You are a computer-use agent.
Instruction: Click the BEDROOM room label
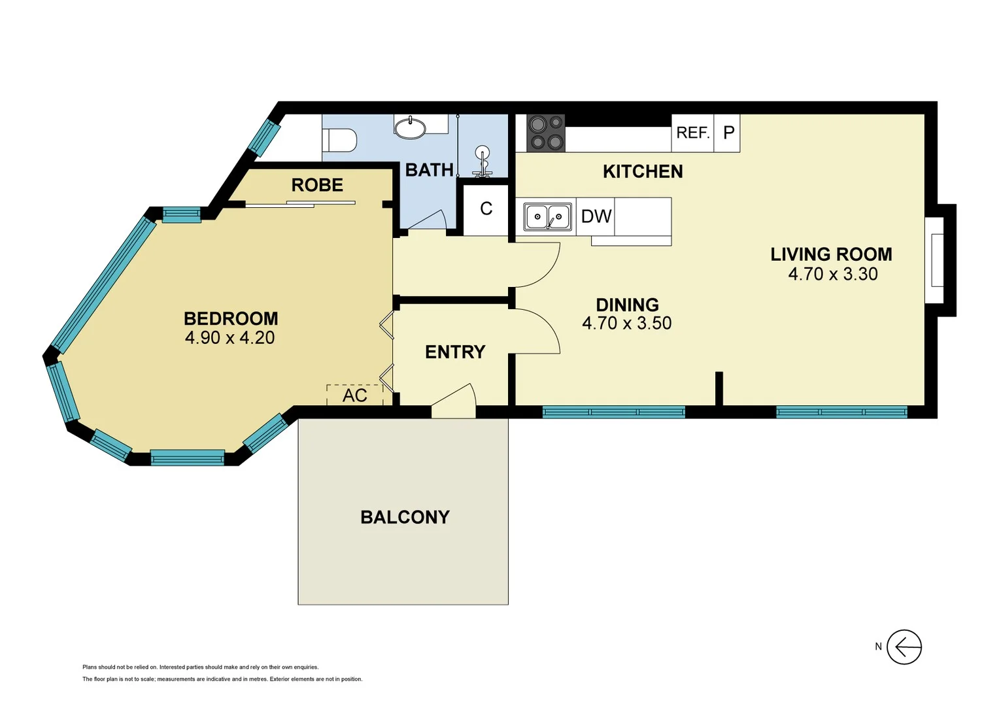coord(231,318)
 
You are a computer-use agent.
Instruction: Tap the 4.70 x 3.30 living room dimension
coord(832,274)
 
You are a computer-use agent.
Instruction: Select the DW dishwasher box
coord(596,216)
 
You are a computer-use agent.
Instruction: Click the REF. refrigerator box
coord(692,133)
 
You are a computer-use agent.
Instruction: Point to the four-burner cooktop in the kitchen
coord(546,133)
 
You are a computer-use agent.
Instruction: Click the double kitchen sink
coord(548,217)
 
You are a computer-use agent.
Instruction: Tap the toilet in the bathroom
coord(340,140)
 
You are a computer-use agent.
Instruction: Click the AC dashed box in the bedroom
coord(354,395)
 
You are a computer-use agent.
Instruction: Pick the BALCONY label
coord(405,517)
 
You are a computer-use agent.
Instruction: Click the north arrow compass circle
coord(904,647)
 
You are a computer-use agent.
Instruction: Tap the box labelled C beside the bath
coord(486,209)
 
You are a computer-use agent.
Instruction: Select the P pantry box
coord(728,133)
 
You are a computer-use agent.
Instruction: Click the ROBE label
coord(317,185)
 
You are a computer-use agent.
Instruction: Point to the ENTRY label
coord(455,352)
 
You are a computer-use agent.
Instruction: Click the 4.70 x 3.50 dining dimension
coord(626,323)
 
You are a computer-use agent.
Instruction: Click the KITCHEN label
coord(643,171)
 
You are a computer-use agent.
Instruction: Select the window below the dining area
coord(613,412)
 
